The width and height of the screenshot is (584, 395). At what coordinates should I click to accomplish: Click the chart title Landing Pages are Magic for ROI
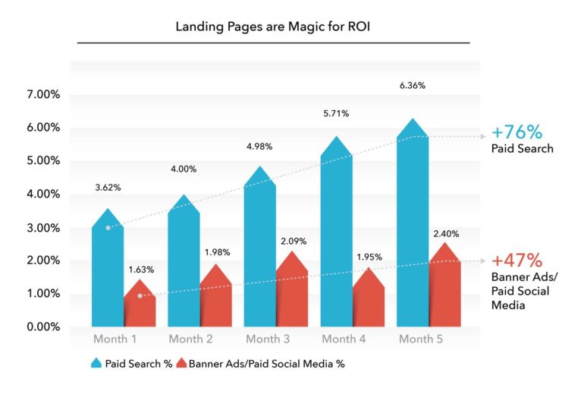272,27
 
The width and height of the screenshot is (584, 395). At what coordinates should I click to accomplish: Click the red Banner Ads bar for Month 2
216,295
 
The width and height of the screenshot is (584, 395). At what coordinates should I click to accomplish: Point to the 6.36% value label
413,85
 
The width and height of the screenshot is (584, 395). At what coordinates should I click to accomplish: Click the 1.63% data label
141,270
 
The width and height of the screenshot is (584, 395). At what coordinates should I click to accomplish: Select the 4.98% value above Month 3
259,147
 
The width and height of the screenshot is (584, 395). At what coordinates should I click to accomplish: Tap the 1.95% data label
369,257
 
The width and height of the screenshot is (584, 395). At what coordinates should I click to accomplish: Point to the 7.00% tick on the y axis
43,94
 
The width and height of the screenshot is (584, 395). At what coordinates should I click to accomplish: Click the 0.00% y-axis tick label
43,327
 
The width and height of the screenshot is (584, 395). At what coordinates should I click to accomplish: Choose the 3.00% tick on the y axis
43,228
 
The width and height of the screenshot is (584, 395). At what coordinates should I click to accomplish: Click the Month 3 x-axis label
268,339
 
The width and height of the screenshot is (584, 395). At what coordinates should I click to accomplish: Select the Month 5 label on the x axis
421,339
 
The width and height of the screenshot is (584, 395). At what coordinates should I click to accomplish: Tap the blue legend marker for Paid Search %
96,363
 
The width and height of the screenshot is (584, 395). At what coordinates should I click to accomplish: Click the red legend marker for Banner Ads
181,363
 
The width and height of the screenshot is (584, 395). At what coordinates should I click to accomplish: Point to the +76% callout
517,132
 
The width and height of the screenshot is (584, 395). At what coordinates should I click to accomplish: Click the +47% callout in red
517,260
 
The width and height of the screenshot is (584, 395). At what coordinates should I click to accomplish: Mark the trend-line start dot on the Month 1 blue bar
108,228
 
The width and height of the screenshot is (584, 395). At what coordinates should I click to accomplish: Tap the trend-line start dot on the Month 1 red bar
140,295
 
